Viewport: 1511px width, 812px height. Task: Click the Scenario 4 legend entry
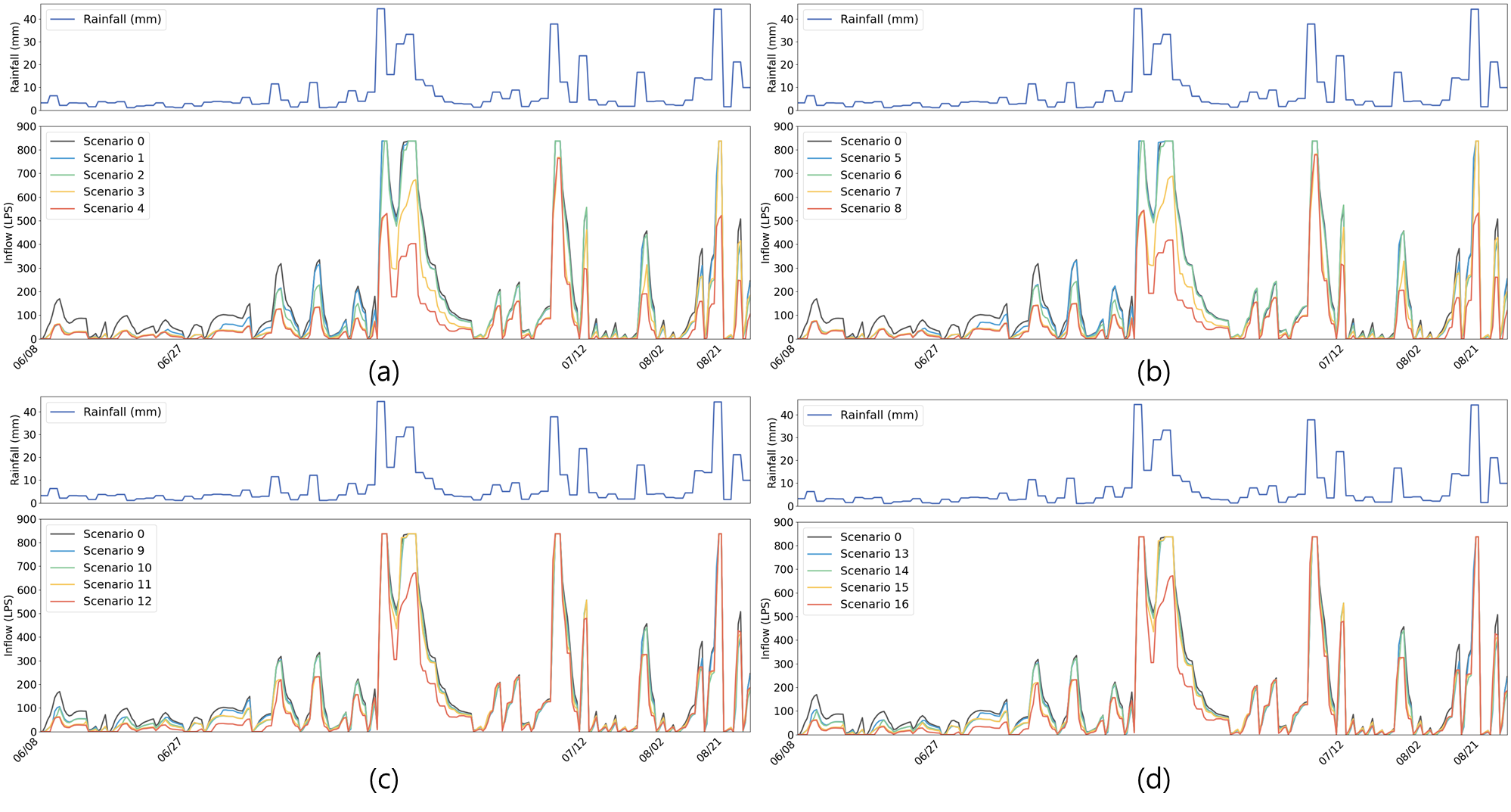tap(113, 208)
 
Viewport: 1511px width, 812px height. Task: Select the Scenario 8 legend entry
tap(870, 208)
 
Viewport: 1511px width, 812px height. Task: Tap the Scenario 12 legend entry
tap(117, 601)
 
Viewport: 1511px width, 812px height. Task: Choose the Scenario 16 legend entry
tap(874, 604)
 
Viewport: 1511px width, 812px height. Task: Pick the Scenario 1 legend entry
tap(113, 157)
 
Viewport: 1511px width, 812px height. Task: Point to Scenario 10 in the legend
tap(117, 568)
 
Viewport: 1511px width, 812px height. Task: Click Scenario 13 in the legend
tap(874, 553)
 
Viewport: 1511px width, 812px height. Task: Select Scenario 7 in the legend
tap(870, 191)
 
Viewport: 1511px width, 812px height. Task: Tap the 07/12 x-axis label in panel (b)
tap(1332, 356)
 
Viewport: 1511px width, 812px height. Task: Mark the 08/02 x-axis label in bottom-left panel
tap(651, 749)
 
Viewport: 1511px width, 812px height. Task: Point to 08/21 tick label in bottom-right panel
tap(1466, 752)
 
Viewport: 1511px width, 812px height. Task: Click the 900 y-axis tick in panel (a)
tap(26, 127)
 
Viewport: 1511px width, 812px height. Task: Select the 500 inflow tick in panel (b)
tap(783, 221)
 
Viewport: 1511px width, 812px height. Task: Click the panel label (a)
tap(383, 369)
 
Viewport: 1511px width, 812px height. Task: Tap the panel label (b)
tap(1153, 369)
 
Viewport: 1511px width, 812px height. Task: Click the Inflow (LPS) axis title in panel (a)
tap(8, 232)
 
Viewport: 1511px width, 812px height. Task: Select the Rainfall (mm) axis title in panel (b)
tap(771, 57)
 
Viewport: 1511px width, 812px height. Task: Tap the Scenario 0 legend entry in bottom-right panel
tap(870, 537)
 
